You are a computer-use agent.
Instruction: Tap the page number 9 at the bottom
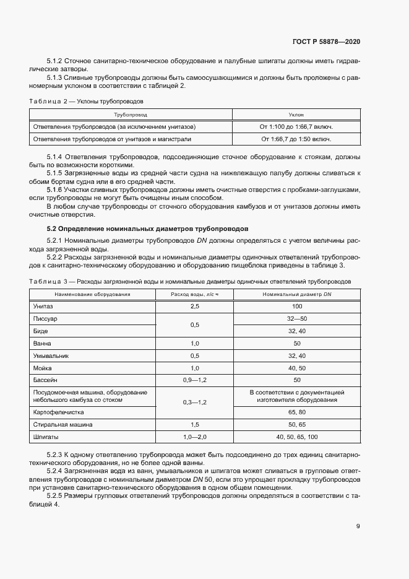[x=358, y=526]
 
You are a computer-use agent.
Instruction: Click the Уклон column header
[x=296, y=115]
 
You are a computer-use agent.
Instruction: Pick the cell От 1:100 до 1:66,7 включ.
[x=296, y=127]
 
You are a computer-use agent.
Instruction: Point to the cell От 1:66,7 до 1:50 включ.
[x=296, y=139]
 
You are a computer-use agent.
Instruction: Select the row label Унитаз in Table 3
[x=43, y=307]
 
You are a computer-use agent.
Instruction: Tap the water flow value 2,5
[x=195, y=307]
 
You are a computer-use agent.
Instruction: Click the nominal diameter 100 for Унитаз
[x=297, y=307]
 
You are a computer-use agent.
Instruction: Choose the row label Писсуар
[x=46, y=318]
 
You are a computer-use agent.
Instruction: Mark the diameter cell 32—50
[x=297, y=318]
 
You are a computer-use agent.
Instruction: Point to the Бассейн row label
[x=46, y=379]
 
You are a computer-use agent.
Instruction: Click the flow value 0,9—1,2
[x=195, y=379]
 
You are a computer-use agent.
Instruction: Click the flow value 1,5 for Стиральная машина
[x=195, y=425]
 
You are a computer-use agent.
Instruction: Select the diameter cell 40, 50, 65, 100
[x=297, y=437]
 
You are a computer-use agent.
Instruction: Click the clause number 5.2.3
[x=56, y=456]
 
